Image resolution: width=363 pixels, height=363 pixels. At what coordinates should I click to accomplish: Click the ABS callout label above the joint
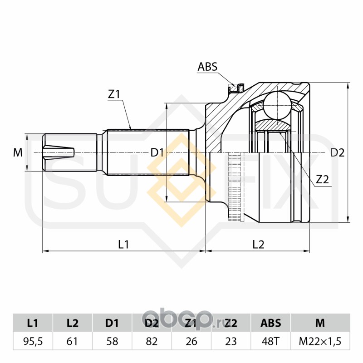pyautogui.click(x=207, y=67)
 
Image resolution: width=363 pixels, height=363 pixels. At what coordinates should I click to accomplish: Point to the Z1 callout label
pyautogui.click(x=113, y=94)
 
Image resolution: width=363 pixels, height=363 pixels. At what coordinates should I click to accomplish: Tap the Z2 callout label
pyautogui.click(x=322, y=179)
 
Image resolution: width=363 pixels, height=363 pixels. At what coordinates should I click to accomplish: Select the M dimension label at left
pyautogui.click(x=18, y=153)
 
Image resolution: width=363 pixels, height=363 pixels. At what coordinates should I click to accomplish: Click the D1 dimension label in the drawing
pyautogui.click(x=157, y=153)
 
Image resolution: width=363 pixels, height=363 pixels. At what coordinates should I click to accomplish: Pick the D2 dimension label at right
pyautogui.click(x=337, y=153)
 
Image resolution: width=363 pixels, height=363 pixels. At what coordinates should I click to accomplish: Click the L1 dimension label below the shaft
pyautogui.click(x=124, y=245)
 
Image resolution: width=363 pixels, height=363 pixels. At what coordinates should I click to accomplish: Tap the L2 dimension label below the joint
pyautogui.click(x=258, y=245)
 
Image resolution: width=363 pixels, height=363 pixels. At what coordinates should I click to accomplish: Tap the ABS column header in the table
pyautogui.click(x=270, y=324)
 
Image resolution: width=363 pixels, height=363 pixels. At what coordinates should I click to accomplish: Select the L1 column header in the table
pyautogui.click(x=33, y=324)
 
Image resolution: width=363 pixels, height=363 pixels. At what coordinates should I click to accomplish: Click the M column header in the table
pyautogui.click(x=320, y=324)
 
